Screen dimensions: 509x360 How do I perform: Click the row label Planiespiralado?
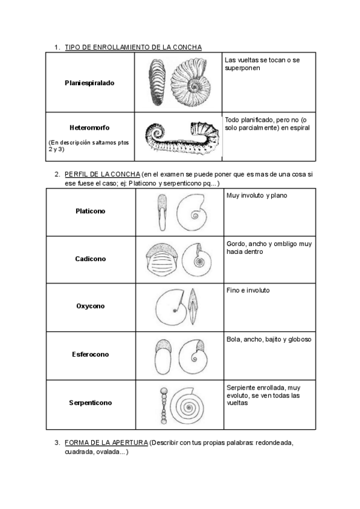click(89, 83)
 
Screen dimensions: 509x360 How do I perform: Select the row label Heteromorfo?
click(89, 127)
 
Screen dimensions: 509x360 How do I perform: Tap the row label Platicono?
click(90, 211)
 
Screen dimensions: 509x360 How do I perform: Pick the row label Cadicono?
click(90, 259)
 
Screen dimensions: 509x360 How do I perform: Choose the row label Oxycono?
click(90, 306)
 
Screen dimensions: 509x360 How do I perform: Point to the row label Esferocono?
click(90, 354)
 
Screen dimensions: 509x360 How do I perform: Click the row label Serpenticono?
click(90, 403)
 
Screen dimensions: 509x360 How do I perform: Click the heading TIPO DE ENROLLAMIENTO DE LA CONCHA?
click(133, 47)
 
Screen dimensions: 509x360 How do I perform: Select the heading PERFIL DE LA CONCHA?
click(102, 174)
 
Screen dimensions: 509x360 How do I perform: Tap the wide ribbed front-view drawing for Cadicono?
click(161, 260)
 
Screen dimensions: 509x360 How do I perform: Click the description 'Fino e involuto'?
click(248, 291)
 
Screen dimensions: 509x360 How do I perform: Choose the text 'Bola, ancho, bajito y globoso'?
click(269, 339)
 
